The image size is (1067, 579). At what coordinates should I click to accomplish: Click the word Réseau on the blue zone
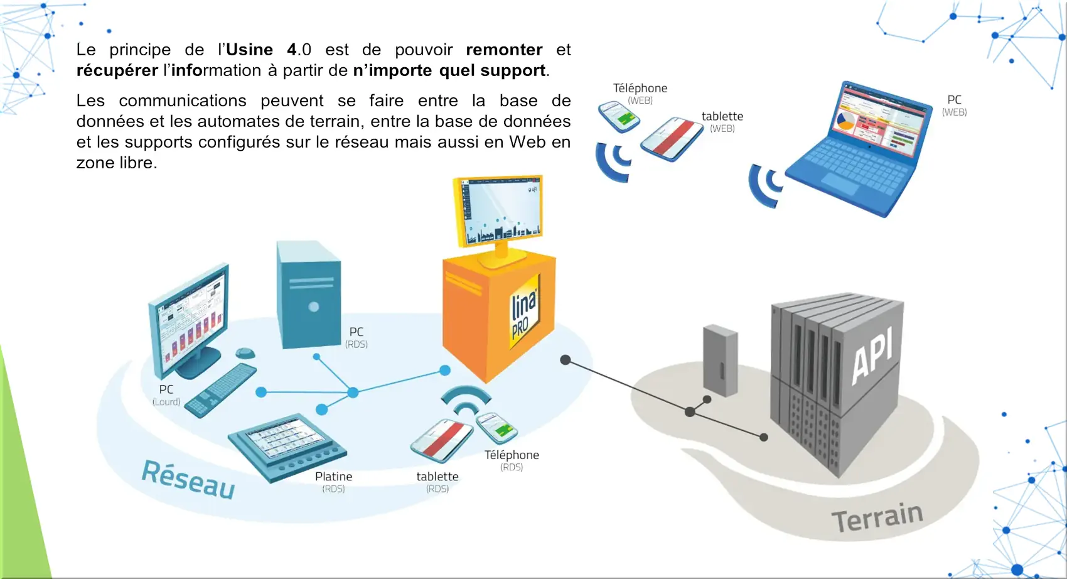click(188, 479)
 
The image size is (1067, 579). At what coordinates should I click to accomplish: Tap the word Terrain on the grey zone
click(877, 517)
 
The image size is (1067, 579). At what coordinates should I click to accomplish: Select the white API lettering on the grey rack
click(872, 357)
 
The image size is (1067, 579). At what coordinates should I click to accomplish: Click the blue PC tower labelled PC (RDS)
click(308, 295)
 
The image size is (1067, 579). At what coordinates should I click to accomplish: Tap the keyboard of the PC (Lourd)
click(221, 390)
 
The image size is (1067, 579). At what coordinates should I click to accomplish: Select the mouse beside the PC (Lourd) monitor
click(245, 354)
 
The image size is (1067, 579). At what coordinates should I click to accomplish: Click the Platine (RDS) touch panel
click(286, 445)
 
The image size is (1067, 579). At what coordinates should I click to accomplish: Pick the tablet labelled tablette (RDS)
click(441, 439)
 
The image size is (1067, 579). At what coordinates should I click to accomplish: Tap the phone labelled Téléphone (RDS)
click(496, 428)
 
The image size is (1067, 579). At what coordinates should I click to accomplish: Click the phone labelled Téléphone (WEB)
click(618, 116)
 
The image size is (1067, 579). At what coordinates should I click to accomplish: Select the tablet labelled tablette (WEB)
click(672, 139)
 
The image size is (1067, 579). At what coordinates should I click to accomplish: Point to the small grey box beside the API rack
click(720, 360)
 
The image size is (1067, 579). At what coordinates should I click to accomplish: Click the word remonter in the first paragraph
click(504, 50)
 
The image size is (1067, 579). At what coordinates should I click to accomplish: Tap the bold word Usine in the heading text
click(249, 50)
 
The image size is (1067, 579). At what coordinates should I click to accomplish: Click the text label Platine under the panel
click(333, 477)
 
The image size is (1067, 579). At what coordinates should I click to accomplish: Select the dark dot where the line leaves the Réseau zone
click(566, 360)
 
